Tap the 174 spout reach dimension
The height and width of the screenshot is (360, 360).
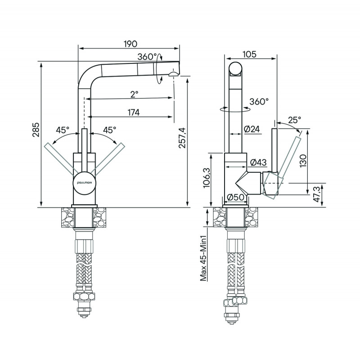coord(133,112)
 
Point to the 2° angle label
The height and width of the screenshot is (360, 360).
coord(134,94)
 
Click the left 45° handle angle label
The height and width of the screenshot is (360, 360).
coord(63,130)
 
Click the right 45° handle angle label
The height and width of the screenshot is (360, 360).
coord(110,130)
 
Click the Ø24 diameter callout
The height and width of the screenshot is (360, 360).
coord(252,129)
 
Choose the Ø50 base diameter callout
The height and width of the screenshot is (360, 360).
coord(235,197)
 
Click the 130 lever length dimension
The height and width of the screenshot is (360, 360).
coord(303,159)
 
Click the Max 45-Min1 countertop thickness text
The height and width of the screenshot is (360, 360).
coord(203,259)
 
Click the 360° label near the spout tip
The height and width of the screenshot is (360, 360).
coord(148,57)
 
